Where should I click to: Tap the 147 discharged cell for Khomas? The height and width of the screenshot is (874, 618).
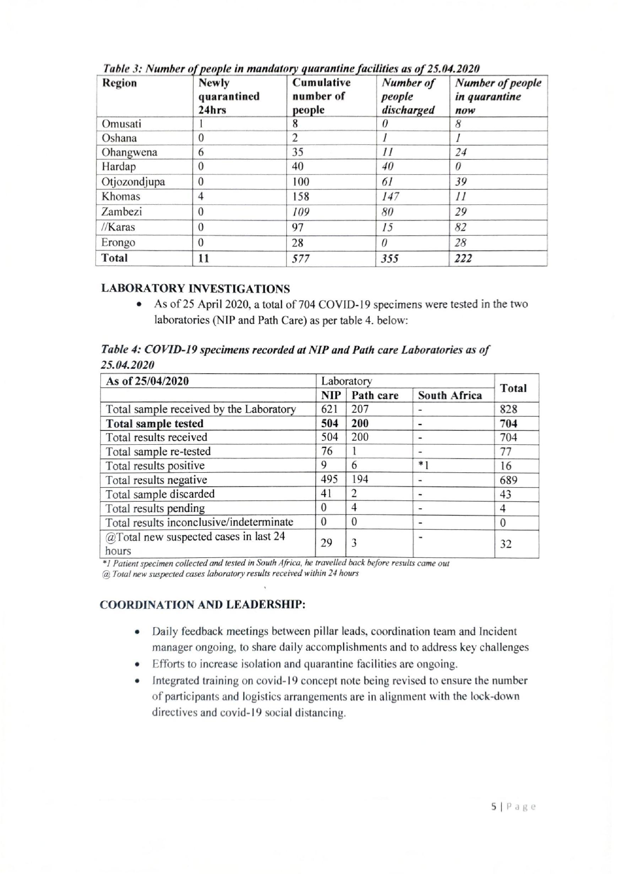coord(390,197)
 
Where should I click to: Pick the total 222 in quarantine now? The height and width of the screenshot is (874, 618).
coord(463,258)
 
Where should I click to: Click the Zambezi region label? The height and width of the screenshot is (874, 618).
coord(121,212)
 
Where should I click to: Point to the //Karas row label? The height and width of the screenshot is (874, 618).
coord(118,227)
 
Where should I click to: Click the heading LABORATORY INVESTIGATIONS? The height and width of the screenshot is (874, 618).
coord(195,289)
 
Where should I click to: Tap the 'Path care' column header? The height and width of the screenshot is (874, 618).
coord(375,396)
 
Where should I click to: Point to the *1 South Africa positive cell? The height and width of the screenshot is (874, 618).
coord(424,466)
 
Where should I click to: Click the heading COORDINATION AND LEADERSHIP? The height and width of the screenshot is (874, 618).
coord(203,605)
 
